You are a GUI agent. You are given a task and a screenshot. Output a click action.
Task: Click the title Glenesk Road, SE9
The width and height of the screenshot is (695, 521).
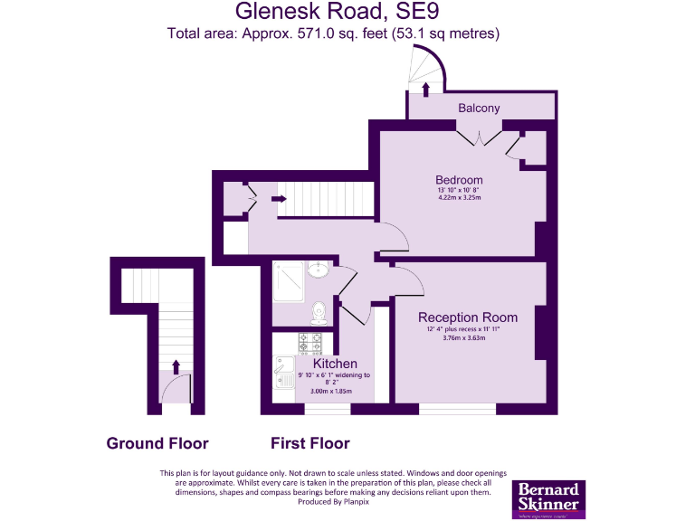click(x=333, y=12)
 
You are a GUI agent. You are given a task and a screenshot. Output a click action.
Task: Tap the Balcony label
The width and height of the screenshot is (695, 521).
click(x=479, y=109)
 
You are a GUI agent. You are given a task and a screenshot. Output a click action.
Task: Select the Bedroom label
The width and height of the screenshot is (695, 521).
click(x=459, y=180)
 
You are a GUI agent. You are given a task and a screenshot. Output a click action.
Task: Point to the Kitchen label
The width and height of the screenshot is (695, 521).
click(x=323, y=364)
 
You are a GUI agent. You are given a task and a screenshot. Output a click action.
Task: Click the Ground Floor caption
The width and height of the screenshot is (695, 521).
click(x=157, y=443)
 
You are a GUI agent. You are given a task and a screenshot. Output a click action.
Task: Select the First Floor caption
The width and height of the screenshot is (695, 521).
click(x=310, y=443)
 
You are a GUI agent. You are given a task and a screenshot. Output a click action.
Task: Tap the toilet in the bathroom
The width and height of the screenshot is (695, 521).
click(x=318, y=312)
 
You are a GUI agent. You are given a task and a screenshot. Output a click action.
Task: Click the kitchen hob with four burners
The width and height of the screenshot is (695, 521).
click(x=310, y=343)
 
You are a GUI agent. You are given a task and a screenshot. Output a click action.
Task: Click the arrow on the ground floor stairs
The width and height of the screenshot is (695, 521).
click(x=176, y=365)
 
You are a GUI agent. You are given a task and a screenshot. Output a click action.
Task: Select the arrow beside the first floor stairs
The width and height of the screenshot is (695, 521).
click(x=279, y=198)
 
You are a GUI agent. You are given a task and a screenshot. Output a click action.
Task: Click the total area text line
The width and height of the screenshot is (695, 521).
click(x=333, y=33)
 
